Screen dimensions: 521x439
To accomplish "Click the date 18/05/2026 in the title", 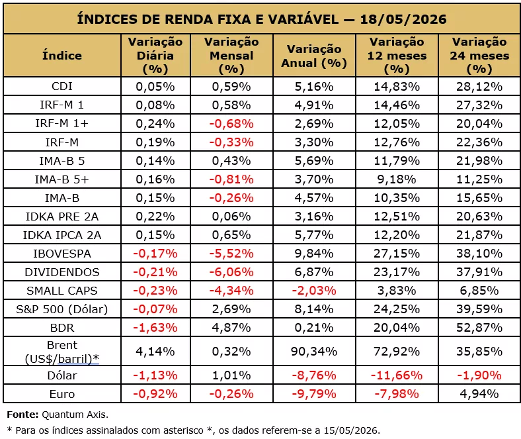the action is (403, 19).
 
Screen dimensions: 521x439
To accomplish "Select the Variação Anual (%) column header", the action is (314, 56).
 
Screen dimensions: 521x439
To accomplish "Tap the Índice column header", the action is (61, 55).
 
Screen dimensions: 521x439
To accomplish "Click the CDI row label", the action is (61, 86).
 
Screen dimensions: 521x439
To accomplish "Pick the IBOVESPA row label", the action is (61, 254).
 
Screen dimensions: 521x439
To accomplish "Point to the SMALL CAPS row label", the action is (61, 291).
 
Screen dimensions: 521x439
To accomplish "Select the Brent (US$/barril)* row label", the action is (61, 352).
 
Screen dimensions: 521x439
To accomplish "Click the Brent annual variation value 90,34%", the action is (314, 352).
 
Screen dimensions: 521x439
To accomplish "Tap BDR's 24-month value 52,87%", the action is (479, 328).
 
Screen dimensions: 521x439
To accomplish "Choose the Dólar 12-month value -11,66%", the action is (397, 375).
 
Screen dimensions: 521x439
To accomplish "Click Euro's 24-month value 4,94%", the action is (479, 394).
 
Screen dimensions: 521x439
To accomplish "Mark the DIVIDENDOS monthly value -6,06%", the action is (231, 272).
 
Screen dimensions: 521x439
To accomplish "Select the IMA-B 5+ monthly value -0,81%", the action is (231, 179).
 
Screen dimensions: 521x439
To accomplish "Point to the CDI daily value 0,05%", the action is (155, 87).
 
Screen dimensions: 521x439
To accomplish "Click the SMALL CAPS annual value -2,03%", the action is (314, 291).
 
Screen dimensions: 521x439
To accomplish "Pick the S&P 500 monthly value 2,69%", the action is (231, 309).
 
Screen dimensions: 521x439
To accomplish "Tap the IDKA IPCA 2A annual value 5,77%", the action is (314, 235).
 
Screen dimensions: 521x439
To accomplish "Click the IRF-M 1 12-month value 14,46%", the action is (397, 105).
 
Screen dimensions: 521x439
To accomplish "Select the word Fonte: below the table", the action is (22, 415).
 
